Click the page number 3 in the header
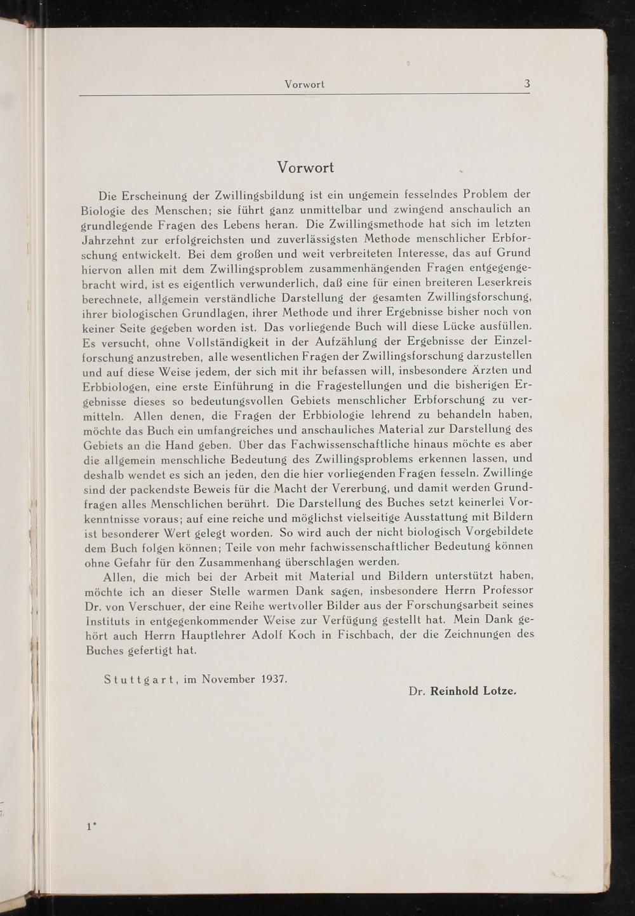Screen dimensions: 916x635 click(527, 84)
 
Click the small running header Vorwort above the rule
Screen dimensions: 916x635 click(305, 84)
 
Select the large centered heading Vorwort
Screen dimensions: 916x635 click(305, 168)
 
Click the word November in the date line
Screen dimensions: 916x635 click(228, 679)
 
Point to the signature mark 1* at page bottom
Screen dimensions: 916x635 click(91, 826)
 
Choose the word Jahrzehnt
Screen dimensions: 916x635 click(110, 239)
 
